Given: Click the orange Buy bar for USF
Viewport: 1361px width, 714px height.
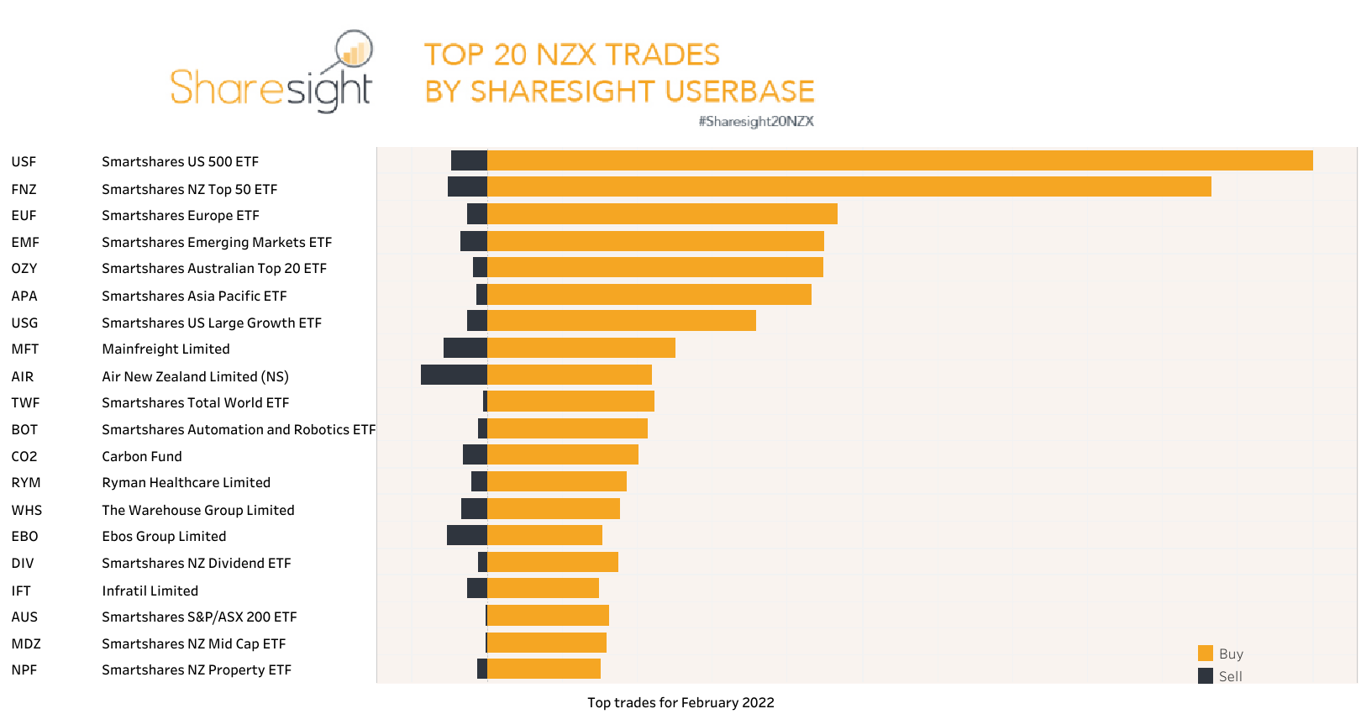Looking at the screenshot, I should pyautogui.click(x=899, y=160).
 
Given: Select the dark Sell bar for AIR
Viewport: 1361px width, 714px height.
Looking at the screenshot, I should pyautogui.click(x=454, y=375).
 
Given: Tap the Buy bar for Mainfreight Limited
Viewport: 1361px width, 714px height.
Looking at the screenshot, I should pyautogui.click(x=581, y=348).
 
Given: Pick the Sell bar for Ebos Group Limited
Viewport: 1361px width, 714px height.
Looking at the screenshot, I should pyautogui.click(x=467, y=535).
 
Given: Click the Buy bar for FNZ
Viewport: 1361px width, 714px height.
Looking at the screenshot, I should pyautogui.click(x=849, y=186).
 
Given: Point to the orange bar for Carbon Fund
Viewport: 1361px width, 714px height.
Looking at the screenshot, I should pyautogui.click(x=563, y=454).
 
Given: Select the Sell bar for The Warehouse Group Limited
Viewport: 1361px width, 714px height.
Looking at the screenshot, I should pyautogui.click(x=474, y=508).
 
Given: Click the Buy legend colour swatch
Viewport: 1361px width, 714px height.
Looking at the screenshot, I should pyautogui.click(x=1206, y=654).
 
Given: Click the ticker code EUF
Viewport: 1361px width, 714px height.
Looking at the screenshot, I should pyautogui.click(x=24, y=215).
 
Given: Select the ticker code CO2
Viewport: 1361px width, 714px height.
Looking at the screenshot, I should pyautogui.click(x=24, y=456).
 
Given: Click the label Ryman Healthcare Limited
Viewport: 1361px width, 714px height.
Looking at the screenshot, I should pyautogui.click(x=186, y=482).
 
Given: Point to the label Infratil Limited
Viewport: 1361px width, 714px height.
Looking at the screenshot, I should pyautogui.click(x=150, y=591).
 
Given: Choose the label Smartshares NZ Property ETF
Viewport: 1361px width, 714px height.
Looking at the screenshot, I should pyautogui.click(x=196, y=669).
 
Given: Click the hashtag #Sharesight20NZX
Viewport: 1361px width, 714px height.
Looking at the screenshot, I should pyautogui.click(x=756, y=121).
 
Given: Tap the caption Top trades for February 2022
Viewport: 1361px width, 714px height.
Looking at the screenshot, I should pyautogui.click(x=680, y=702).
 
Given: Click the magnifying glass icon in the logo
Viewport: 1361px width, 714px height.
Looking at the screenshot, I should pyautogui.click(x=353, y=52).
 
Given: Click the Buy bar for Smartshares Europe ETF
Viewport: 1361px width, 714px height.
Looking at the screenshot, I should pyautogui.click(x=662, y=213).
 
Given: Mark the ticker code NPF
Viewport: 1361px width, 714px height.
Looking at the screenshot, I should pyautogui.click(x=24, y=669).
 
